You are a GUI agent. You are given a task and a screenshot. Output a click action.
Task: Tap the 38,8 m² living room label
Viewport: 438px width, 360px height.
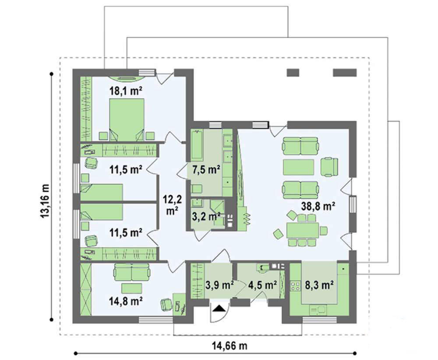[x=318, y=206]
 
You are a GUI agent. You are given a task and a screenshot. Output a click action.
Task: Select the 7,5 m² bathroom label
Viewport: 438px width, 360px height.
[x=206, y=169]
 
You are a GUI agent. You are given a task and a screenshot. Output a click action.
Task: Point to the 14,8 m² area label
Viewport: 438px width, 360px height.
[x=125, y=301]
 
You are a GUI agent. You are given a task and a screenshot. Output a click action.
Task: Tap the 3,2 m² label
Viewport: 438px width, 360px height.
[x=206, y=216]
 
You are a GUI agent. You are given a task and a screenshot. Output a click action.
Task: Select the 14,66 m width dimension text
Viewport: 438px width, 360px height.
[x=230, y=346]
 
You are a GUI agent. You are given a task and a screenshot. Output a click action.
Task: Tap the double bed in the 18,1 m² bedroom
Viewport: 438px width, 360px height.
[x=127, y=119]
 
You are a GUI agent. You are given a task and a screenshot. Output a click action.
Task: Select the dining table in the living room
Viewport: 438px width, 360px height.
[x=303, y=230]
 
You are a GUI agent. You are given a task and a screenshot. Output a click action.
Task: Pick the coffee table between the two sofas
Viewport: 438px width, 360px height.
[x=299, y=167]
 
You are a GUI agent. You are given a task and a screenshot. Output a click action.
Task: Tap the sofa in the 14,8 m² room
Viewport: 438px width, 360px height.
[x=132, y=272]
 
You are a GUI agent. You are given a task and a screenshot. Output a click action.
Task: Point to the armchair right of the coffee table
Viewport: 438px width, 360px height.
[x=329, y=167]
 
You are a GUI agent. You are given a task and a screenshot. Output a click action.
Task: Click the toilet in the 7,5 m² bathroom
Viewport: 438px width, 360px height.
[x=197, y=189]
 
